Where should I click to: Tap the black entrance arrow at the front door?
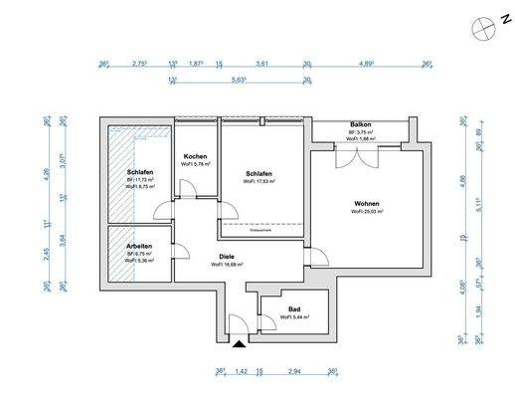coord(239,344)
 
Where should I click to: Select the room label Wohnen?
coord(366,204)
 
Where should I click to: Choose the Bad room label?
coord(294,309)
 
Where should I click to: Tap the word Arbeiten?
coord(139,245)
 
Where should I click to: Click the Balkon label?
coord(359,125)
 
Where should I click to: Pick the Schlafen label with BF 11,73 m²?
coord(140,172)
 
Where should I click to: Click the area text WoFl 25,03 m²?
coord(366,212)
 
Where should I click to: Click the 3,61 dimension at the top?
coord(262,64)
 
